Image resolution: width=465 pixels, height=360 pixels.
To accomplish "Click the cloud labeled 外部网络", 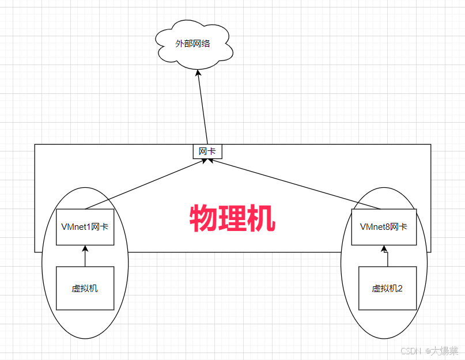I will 195,45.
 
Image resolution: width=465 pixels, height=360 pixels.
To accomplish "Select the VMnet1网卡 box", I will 85,226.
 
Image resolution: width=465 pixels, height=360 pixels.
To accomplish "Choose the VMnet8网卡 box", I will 383,226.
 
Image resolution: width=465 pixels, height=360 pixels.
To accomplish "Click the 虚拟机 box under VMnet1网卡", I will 85,288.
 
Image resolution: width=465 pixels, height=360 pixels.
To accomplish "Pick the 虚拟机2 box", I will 387,288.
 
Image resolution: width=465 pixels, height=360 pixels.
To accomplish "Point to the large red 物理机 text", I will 232,218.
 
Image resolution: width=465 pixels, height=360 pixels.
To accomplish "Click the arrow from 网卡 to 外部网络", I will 202,109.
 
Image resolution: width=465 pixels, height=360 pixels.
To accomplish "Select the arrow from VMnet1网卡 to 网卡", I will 144,185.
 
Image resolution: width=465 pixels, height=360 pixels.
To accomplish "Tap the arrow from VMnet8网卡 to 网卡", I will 294,184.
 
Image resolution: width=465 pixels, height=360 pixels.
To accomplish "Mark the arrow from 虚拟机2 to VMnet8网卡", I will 386,257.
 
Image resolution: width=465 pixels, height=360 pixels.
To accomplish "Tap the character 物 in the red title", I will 203,218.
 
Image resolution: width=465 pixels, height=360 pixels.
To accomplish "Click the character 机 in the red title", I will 261,218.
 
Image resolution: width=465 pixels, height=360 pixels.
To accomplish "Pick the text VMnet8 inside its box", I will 375,226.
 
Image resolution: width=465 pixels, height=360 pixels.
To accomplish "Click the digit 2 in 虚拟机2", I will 399,289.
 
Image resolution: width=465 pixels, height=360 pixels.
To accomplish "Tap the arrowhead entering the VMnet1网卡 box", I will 85,249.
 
